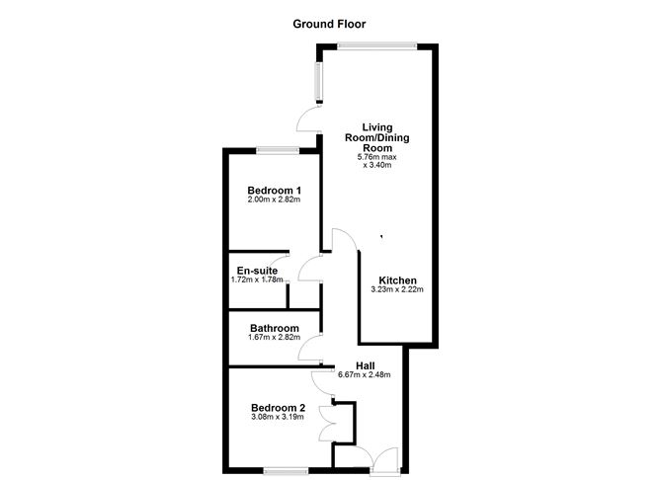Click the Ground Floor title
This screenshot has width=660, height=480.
[329, 25]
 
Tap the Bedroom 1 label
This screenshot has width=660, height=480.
[274, 191]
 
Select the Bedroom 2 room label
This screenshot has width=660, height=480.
[279, 408]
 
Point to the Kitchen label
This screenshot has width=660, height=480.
[398, 280]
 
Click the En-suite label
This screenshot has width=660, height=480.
[257, 271]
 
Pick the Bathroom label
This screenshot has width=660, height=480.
[275, 328]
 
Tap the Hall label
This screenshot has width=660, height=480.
[366, 366]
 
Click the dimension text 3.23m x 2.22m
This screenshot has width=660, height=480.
[397, 289]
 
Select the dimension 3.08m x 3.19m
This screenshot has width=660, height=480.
[278, 417]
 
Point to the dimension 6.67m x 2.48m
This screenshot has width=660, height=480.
[365, 375]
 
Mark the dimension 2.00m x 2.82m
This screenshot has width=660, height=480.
[274, 200]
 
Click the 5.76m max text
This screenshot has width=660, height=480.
[377, 157]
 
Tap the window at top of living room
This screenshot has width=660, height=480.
[376, 46]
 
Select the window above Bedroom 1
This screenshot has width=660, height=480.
[278, 150]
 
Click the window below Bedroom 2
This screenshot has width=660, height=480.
[286, 471]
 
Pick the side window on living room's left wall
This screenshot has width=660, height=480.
[319, 83]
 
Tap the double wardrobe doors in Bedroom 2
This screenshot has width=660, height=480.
[325, 424]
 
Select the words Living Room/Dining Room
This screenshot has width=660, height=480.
[377, 137]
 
